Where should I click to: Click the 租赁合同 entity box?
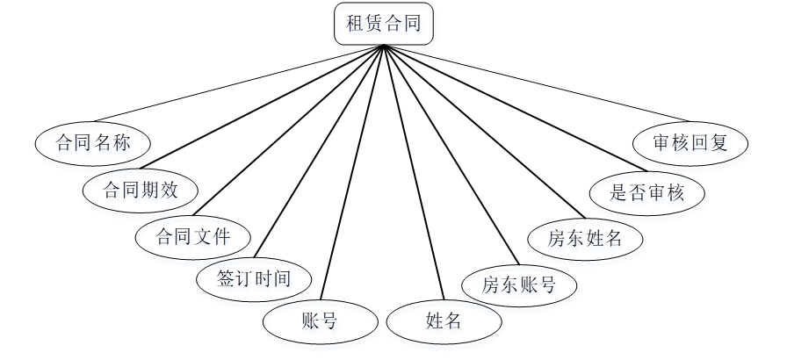384,24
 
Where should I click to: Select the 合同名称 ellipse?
91,142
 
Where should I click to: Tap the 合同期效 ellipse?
141,189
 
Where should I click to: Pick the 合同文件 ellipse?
193,236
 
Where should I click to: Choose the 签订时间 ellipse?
253,279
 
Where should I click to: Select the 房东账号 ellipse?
519,284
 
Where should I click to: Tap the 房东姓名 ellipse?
584,237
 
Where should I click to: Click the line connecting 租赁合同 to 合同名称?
237,83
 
